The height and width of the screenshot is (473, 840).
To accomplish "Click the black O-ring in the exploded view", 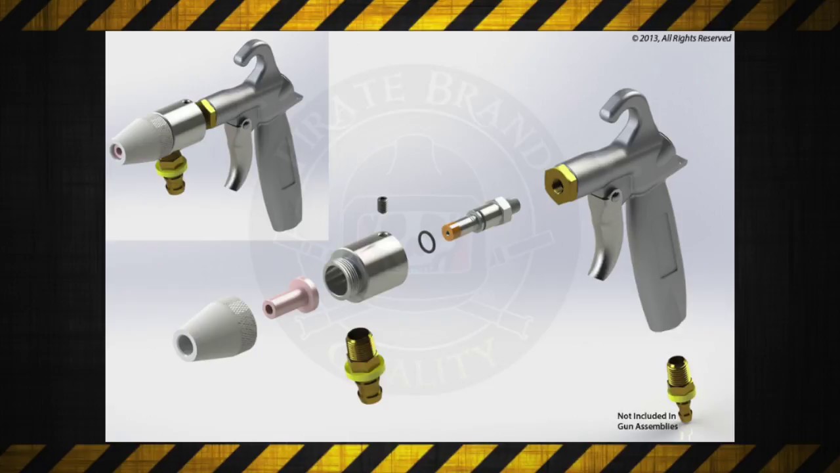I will coord(427,242).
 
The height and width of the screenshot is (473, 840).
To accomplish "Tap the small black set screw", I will coord(383,205).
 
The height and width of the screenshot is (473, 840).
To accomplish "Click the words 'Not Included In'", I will coord(646,416).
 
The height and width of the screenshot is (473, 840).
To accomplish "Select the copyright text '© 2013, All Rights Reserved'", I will coord(681,38).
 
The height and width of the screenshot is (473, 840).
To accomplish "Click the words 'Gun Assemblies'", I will coord(648,426).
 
